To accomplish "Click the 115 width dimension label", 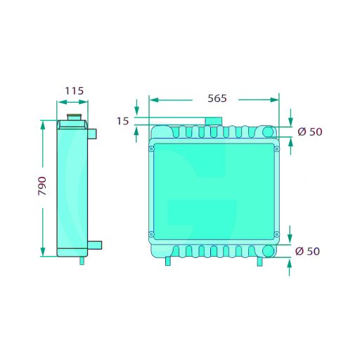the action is (74, 91).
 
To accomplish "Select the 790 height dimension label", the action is (42, 186).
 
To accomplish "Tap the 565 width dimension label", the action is (217, 98).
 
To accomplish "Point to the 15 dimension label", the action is (123, 121).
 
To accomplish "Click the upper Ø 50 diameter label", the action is (310, 131).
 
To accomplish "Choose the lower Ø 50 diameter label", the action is (307, 251).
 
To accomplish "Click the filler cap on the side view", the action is (74, 117).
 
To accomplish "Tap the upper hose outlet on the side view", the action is (92, 134).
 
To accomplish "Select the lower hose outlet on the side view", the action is (95, 245).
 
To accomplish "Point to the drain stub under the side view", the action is (82, 261).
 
